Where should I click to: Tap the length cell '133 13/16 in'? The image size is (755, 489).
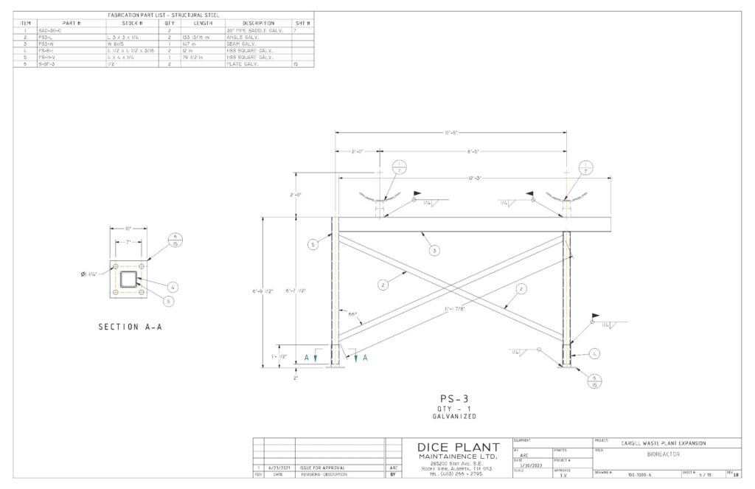tap(194, 37)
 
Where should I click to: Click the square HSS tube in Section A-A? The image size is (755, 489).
tap(128, 280)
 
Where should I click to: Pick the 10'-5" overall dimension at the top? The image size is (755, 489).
tap(452, 132)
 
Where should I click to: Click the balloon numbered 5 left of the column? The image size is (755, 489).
tap(313, 244)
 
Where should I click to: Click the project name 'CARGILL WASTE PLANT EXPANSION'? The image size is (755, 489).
tap(664, 443)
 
